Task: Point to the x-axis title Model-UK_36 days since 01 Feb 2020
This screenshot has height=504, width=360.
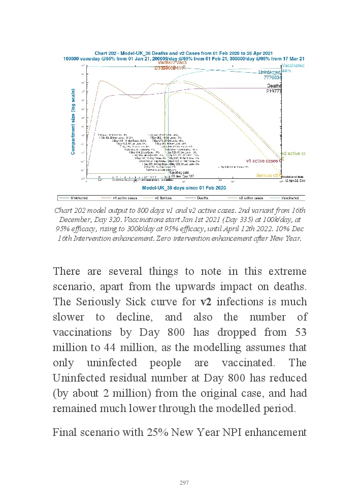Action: pyautogui.click(x=184, y=188)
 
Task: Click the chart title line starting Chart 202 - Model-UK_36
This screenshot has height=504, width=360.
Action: pyautogui.click(x=184, y=53)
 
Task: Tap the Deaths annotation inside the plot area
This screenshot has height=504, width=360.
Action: pyautogui.click(x=274, y=87)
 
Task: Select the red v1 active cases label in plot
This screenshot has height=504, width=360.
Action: pyautogui.click(x=261, y=161)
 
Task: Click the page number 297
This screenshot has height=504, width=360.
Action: pyautogui.click(x=184, y=482)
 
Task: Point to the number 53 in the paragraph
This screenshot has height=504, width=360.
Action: pyautogui.click(x=300, y=332)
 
